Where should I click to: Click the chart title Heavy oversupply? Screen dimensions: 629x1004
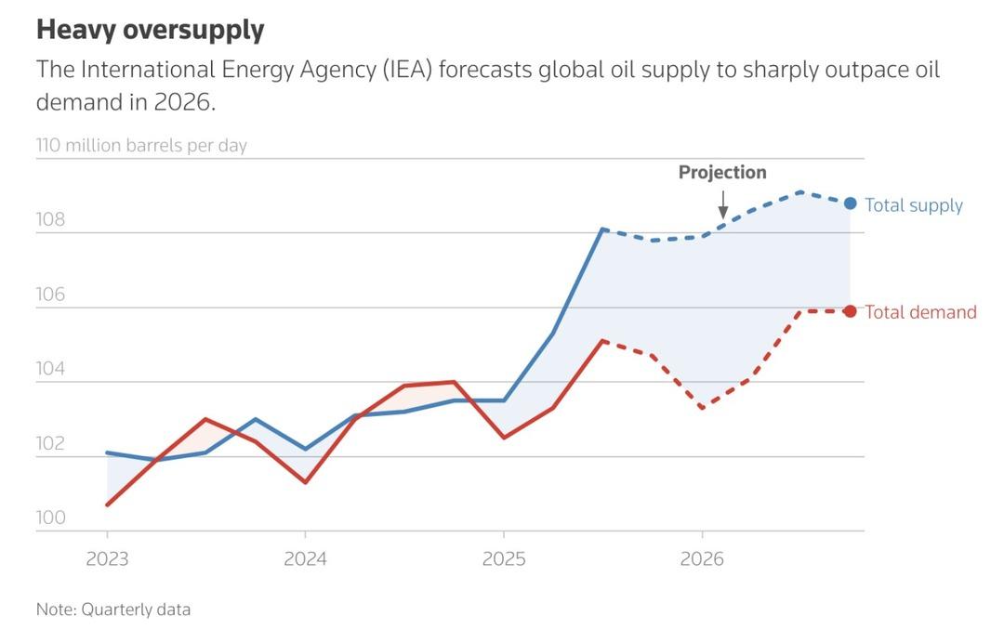tap(150, 30)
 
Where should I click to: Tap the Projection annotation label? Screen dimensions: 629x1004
tap(722, 173)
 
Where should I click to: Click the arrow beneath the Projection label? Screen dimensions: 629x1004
tap(723, 203)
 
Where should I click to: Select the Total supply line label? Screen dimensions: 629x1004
tap(913, 205)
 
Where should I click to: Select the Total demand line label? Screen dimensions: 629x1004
tap(920, 312)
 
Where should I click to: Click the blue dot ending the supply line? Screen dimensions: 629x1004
tap(850, 203)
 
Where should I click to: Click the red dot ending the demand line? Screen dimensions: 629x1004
tap(850, 311)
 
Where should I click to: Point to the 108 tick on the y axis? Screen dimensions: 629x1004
tap(50, 220)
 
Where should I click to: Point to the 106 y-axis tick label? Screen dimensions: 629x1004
tap(50, 295)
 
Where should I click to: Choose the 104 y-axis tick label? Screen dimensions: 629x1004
tap(50, 369)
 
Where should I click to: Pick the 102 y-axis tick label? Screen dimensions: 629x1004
tap(50, 443)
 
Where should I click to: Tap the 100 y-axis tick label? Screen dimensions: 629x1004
tap(50, 518)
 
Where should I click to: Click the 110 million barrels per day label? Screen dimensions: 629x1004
tap(141, 146)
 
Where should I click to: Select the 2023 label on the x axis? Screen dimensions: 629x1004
tap(107, 560)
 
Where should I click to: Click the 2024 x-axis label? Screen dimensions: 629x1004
tap(305, 560)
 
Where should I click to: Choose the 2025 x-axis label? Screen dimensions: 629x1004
tap(503, 560)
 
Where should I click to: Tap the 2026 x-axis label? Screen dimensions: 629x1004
tap(702, 560)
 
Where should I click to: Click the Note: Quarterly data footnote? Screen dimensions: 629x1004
tap(113, 609)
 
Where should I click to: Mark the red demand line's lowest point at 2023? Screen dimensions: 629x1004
tap(108, 505)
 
